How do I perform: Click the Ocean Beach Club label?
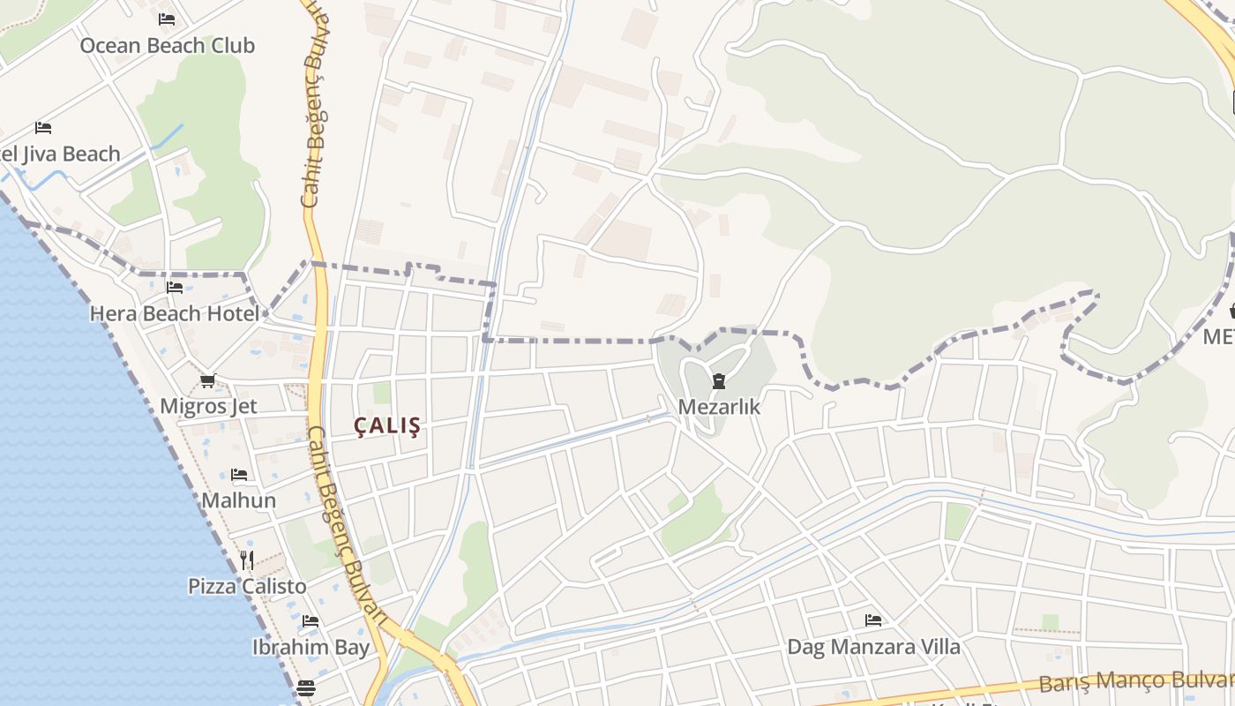[168, 45]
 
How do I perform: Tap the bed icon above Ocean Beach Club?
[167, 19]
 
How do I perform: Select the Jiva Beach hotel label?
[60, 154]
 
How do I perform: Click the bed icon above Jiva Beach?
[42, 128]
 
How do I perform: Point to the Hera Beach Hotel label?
[175, 313]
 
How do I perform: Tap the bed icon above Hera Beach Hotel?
[174, 288]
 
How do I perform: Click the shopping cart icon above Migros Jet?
[207, 380]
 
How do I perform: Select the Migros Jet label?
[208, 406]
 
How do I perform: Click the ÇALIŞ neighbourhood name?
[387, 426]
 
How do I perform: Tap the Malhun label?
[238, 500]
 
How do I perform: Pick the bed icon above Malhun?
[238, 475]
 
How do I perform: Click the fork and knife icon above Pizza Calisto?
[247, 560]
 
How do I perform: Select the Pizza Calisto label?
[247, 586]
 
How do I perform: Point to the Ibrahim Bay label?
[311, 647]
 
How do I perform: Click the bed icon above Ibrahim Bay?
[310, 621]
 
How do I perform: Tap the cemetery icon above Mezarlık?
[719, 381]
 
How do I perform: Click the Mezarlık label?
[719, 407]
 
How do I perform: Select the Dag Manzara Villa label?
[873, 647]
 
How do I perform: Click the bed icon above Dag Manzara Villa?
[872, 620]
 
